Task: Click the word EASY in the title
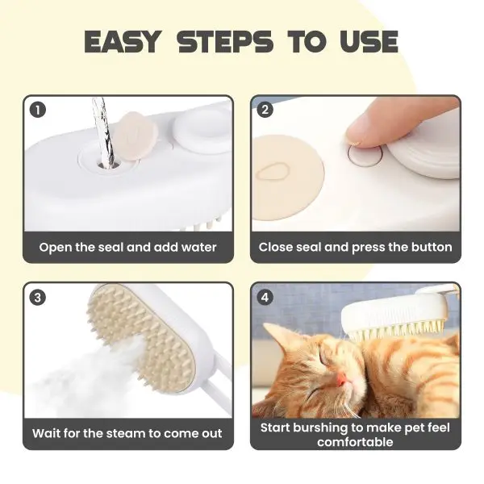click(123, 41)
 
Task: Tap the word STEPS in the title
click(226, 41)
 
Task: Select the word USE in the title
click(369, 41)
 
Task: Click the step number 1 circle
click(38, 111)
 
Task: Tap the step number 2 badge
click(265, 110)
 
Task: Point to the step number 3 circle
click(38, 298)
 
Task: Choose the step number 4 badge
click(265, 298)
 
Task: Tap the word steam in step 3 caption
click(126, 434)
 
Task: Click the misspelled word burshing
click(320, 428)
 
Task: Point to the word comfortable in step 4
click(355, 442)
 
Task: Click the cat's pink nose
click(340, 379)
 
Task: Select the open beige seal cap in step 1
click(136, 136)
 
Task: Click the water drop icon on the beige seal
click(273, 172)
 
